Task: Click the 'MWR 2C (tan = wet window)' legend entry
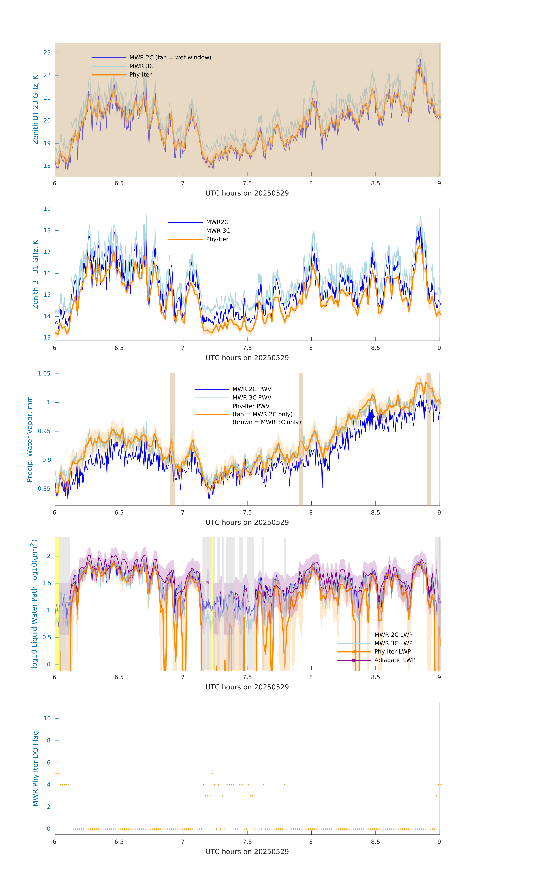click(x=170, y=58)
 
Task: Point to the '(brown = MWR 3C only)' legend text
click(x=267, y=422)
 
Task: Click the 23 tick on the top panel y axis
click(x=47, y=53)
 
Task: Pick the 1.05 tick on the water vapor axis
click(x=44, y=374)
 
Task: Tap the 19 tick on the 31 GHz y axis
click(x=47, y=209)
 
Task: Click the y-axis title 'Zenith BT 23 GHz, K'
click(x=35, y=110)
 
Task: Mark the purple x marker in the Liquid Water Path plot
click(x=208, y=582)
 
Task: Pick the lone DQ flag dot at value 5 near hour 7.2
click(x=212, y=774)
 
